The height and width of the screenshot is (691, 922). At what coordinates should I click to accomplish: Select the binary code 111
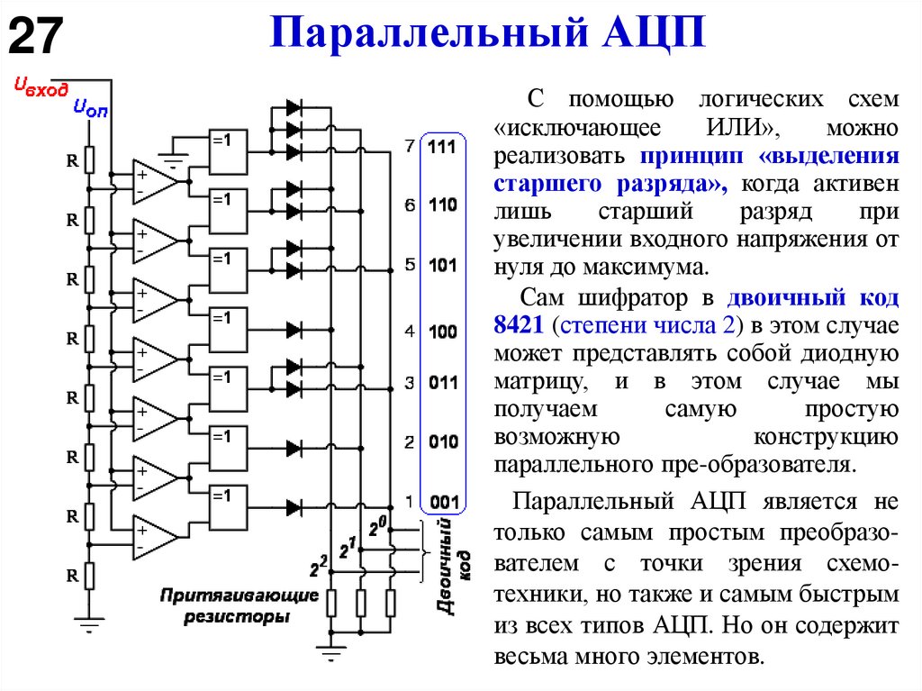[x=442, y=146]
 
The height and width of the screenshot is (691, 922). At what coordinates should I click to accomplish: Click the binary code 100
[x=442, y=332]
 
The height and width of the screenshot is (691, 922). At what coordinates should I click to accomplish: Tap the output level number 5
[x=410, y=266]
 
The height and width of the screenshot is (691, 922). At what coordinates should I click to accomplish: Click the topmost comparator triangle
[x=154, y=180]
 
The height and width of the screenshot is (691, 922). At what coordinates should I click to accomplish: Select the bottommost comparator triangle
[x=154, y=538]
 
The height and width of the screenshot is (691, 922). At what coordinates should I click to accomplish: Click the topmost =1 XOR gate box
[x=228, y=152]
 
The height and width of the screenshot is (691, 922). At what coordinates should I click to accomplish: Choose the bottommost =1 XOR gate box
[x=228, y=507]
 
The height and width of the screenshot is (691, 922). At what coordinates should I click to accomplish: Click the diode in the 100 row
[x=294, y=331]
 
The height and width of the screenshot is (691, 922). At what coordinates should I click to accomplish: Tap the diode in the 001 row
[x=294, y=506]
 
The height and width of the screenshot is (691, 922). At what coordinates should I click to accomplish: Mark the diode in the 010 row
[x=294, y=448]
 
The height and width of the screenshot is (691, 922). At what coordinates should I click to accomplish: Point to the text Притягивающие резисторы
[x=239, y=606]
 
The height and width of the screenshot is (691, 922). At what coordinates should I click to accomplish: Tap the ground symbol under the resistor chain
[x=88, y=623]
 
